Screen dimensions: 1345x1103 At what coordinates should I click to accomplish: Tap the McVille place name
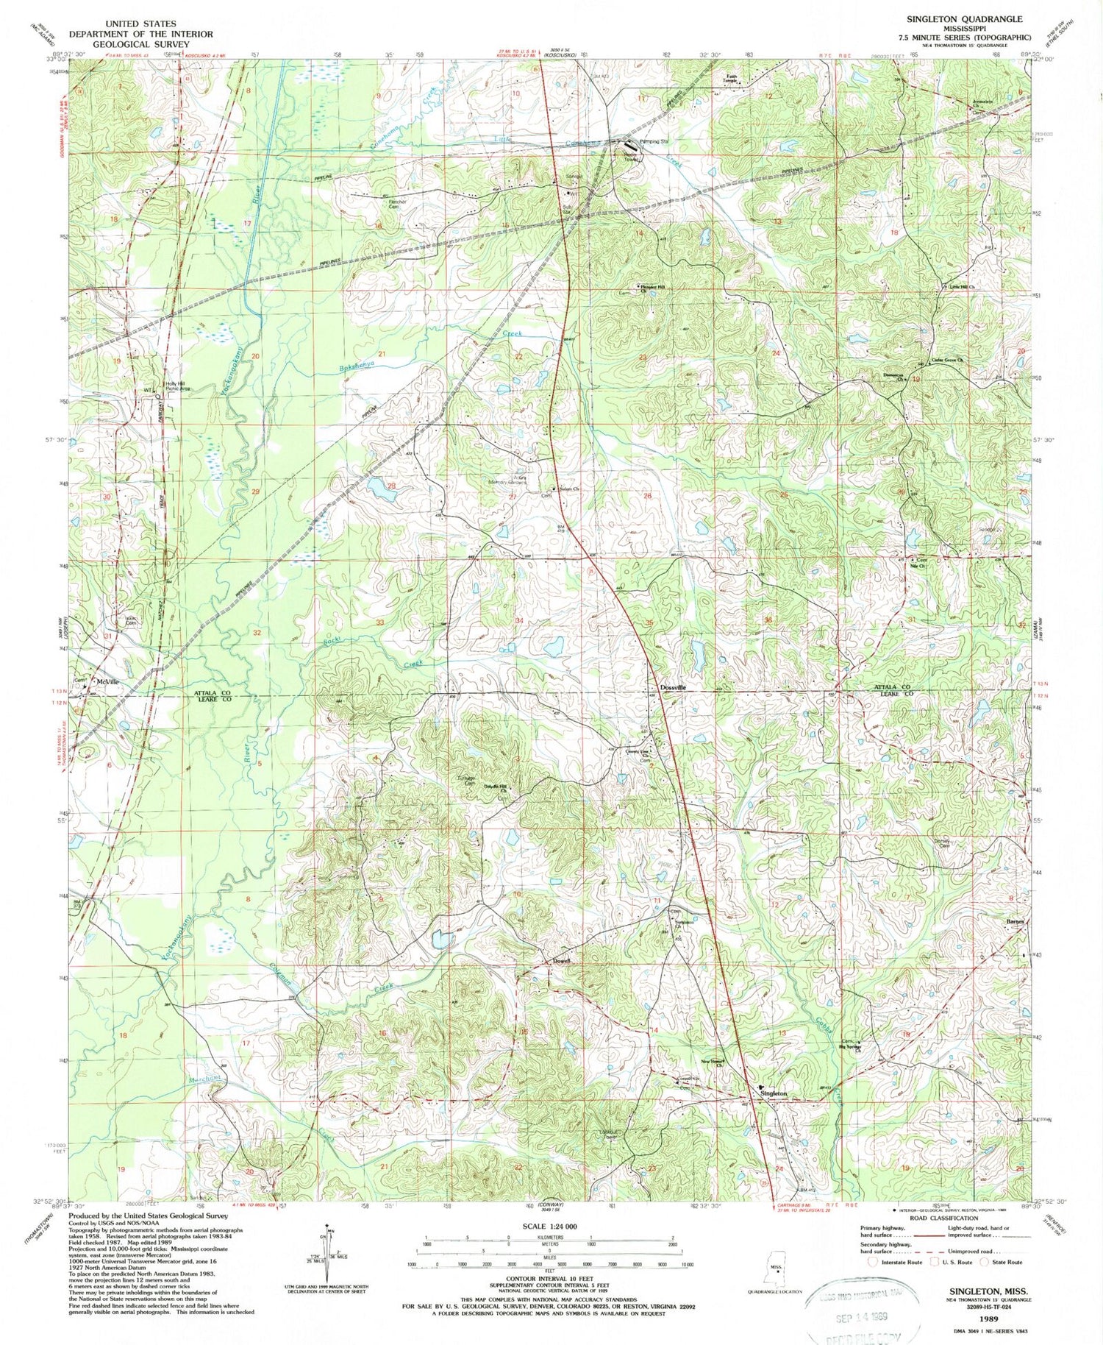[108, 683]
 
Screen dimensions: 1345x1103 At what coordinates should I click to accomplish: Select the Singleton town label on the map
[774, 1093]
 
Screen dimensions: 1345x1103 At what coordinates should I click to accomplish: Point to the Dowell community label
[562, 961]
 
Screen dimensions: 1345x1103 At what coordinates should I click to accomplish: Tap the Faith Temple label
[732, 78]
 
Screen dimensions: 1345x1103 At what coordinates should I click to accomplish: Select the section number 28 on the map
[391, 486]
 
